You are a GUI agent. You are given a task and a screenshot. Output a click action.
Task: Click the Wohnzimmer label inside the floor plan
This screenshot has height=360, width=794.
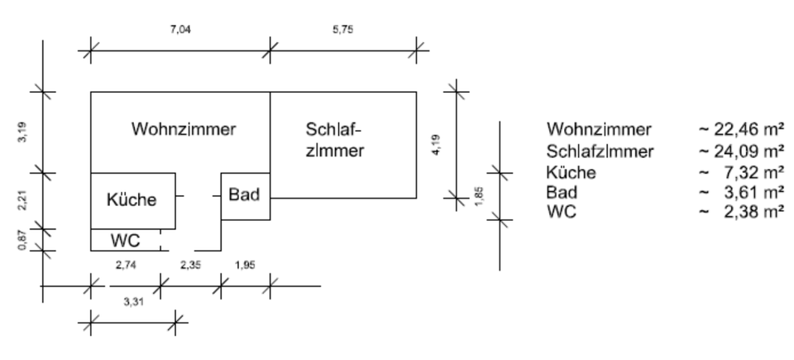(184, 129)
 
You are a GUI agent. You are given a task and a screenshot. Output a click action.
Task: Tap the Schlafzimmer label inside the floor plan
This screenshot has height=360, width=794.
(335, 141)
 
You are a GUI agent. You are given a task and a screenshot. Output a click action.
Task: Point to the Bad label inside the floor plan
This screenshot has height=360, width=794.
(246, 195)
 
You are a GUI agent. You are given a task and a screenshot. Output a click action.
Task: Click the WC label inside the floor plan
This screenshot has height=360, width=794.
(124, 240)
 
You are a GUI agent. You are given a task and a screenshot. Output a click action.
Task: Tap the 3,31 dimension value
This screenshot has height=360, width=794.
(132, 303)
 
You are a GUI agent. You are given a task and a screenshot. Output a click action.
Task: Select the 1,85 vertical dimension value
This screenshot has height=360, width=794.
(482, 195)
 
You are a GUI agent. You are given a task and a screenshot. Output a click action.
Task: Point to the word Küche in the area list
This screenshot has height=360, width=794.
(572, 172)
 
